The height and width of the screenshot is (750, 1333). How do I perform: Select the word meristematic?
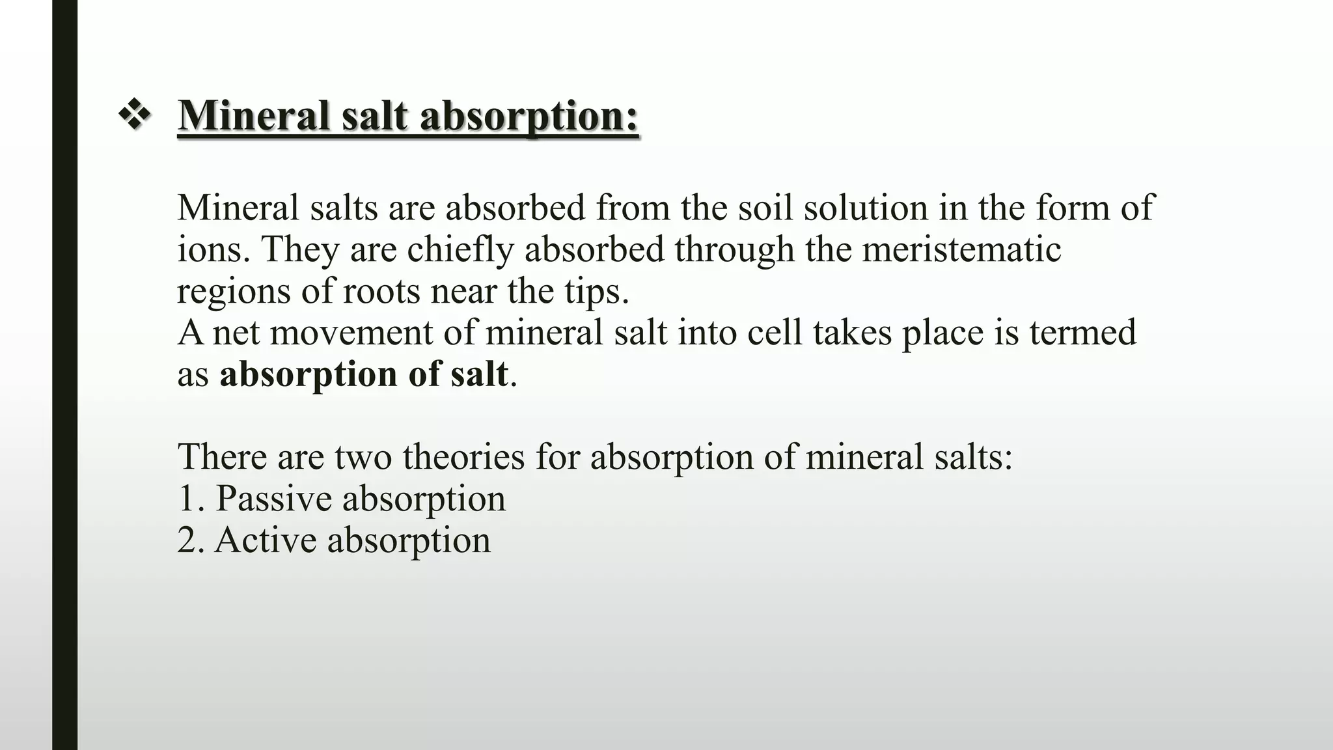point(961,249)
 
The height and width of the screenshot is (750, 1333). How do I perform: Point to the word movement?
point(351,333)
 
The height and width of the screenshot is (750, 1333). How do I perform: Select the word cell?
point(775,333)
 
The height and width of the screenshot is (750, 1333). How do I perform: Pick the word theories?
point(463,456)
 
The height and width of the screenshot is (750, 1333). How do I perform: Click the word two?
point(363,456)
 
